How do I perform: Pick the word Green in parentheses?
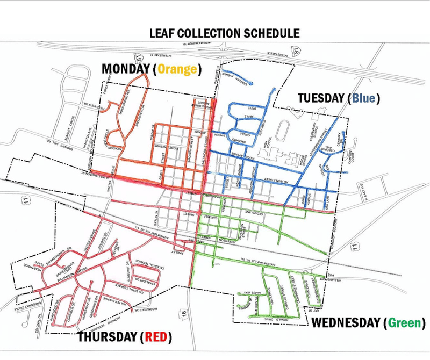pyautogui.click(x=403, y=323)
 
